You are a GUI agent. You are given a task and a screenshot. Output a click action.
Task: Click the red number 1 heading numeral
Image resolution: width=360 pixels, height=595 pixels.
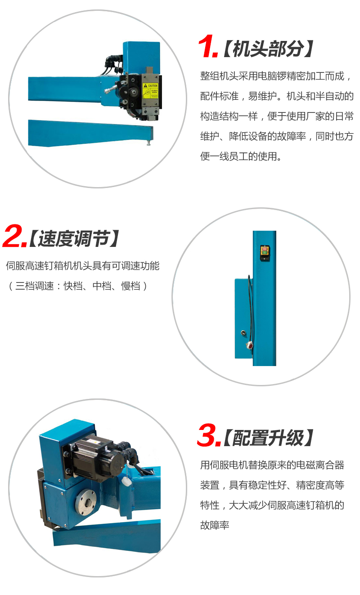(x=208, y=46)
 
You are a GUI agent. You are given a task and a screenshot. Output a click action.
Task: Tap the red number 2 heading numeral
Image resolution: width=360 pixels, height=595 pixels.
(x=14, y=236)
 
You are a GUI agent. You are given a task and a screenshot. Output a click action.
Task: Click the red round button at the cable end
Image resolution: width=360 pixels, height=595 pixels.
(x=249, y=345)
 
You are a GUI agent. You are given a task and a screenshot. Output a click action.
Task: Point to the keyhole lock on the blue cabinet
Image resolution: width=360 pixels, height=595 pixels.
(x=243, y=332)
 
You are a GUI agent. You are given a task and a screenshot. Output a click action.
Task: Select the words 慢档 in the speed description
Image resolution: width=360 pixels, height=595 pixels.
(x=130, y=286)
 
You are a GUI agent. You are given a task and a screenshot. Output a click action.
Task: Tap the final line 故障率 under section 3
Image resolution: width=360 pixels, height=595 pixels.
(x=215, y=525)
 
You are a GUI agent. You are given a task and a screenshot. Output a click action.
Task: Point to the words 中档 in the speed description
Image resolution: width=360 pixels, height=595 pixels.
(x=102, y=286)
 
